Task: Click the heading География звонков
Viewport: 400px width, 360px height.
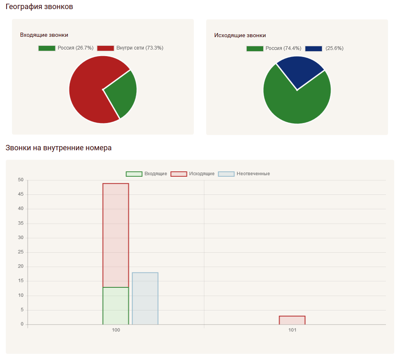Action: point(39,7)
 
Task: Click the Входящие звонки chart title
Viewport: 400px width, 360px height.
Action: point(44,35)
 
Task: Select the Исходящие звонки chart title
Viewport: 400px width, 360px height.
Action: point(240,36)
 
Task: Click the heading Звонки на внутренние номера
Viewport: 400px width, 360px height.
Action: point(58,148)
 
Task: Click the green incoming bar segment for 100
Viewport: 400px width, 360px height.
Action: point(116,306)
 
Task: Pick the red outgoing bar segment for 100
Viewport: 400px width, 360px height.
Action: point(116,235)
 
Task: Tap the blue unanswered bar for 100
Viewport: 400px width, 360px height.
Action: point(145,298)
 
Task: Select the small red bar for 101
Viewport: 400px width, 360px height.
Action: point(292,320)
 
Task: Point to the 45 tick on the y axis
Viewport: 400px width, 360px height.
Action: point(21,194)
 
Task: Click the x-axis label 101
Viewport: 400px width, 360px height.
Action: point(292,330)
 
